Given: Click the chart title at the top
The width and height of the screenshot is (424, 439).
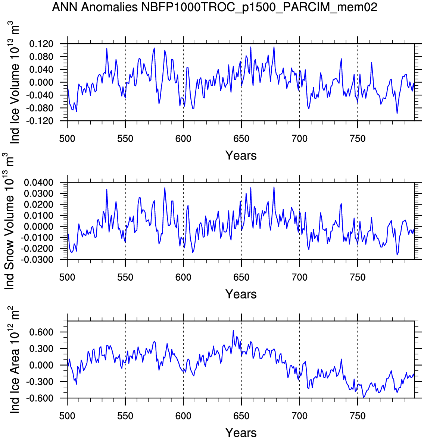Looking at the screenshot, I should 215,7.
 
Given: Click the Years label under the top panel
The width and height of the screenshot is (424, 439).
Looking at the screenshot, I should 241,155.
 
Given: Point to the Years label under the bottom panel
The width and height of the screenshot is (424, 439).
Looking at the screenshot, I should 241,433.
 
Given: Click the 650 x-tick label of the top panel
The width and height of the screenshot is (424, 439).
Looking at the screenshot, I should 241,139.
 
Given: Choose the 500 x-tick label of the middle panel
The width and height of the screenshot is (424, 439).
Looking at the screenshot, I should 67,278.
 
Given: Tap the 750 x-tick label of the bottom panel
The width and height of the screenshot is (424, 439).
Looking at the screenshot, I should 357,416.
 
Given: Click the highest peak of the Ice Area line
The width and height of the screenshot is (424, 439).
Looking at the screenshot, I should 233,330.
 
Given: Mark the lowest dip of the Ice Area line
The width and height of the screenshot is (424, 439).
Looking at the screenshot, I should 364,398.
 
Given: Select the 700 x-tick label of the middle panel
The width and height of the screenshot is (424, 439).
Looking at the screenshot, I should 299,278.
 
